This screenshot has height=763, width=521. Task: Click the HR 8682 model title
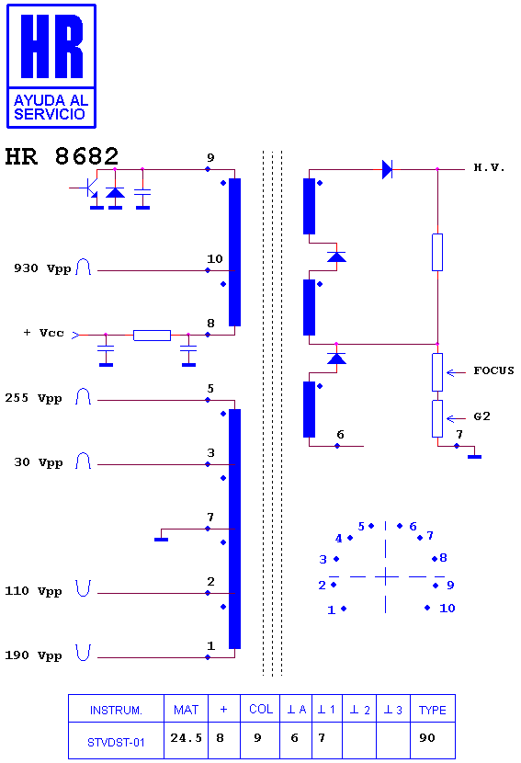point(62,156)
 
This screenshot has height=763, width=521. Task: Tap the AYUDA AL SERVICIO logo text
point(51,107)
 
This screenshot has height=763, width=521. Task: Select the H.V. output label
point(489,168)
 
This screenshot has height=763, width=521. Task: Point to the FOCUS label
point(493,370)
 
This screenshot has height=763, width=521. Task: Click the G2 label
point(481,416)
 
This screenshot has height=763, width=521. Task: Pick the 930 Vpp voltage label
point(42,268)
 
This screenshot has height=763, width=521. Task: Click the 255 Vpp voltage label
point(34,398)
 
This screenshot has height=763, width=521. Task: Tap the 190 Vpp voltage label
point(34,655)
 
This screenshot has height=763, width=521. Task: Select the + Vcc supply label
point(44,333)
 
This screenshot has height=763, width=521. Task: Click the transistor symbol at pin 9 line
point(87,188)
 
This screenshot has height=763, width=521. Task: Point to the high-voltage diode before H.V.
point(387,169)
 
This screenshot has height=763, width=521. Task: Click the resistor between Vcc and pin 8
point(152,335)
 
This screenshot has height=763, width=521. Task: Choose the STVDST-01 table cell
point(116,742)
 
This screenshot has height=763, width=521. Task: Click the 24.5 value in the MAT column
point(186,738)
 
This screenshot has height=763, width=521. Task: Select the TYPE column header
point(433,711)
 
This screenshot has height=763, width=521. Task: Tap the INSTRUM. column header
point(116,711)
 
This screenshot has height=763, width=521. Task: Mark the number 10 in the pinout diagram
point(447,608)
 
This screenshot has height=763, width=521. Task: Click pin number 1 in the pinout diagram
point(332,609)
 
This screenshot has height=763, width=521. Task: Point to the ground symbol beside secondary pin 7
point(474,457)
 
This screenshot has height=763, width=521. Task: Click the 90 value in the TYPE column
point(426,738)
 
